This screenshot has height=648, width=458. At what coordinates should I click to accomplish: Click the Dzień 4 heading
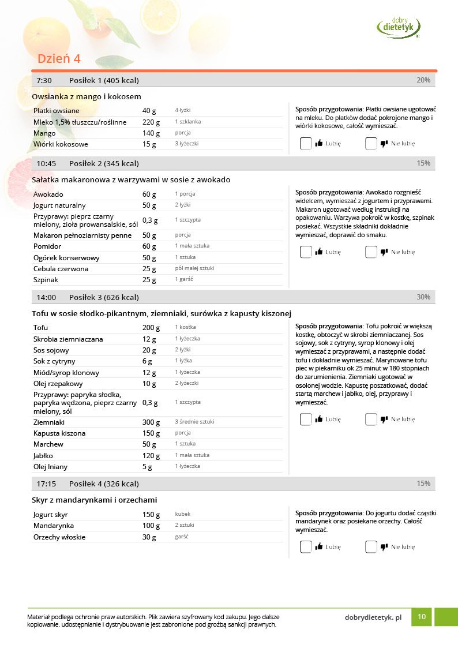point(59,59)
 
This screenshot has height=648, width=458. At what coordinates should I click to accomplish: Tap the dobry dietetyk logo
point(399,27)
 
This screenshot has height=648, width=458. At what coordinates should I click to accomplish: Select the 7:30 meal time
point(44,80)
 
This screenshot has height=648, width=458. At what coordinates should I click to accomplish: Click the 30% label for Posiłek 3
point(423,297)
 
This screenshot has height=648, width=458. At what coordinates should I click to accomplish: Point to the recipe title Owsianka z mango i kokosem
point(87,96)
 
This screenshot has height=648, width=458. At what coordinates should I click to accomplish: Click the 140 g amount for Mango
point(149,133)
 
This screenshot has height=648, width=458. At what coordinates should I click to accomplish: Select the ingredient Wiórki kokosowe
point(61,144)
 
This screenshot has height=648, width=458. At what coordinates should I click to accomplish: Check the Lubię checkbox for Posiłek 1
point(306,144)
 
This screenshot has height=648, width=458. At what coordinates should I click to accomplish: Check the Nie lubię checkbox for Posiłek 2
point(371,252)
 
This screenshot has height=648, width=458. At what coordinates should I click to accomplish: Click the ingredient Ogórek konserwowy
point(66,258)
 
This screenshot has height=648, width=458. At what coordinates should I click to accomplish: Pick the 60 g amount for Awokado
point(149,194)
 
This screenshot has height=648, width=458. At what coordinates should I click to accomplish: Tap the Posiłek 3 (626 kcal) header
point(104,297)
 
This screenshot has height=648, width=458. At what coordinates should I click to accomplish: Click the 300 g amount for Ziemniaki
point(151,422)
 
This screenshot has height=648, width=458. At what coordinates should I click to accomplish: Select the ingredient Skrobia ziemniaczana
point(68,339)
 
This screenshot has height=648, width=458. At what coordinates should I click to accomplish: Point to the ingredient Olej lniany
point(52,467)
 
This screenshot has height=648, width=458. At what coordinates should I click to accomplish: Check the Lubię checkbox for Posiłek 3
point(306,419)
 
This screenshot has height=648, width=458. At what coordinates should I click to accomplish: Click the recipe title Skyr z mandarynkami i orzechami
point(95,500)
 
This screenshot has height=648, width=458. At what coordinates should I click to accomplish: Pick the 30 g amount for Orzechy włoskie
point(149,537)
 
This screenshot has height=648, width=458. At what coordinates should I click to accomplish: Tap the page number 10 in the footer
point(422,617)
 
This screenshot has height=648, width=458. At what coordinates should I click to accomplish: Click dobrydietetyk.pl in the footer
point(373,617)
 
